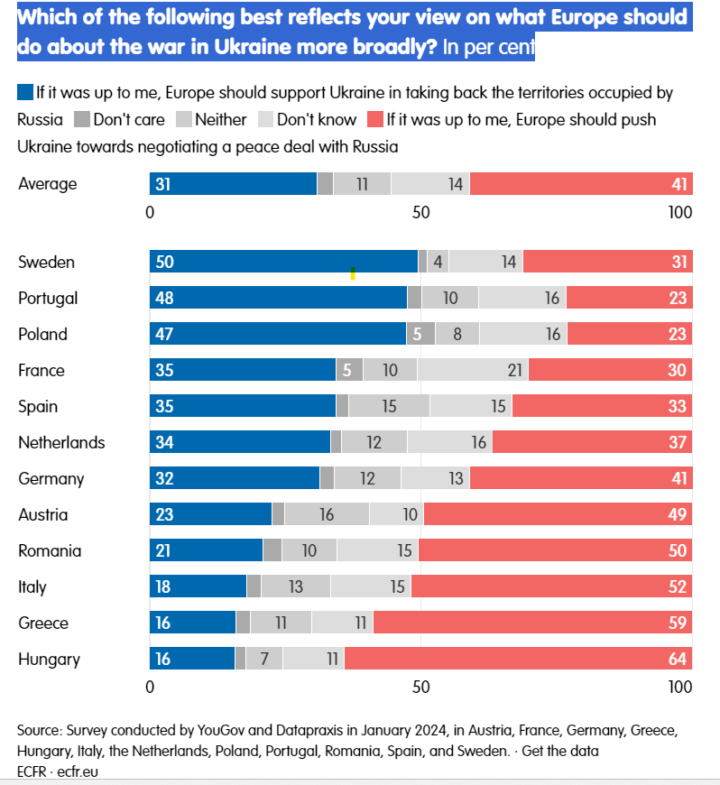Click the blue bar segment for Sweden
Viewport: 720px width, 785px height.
click(283, 263)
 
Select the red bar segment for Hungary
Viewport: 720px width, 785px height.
click(518, 660)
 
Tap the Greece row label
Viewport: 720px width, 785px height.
click(43, 623)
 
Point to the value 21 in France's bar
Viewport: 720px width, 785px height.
click(516, 371)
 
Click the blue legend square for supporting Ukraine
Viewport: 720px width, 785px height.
click(25, 92)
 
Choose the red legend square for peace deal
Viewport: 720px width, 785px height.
click(374, 119)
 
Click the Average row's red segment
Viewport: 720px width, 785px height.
click(580, 184)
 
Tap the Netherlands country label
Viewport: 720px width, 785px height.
click(61, 443)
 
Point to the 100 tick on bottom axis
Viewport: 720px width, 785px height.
click(678, 687)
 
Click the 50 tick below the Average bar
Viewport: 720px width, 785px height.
click(420, 213)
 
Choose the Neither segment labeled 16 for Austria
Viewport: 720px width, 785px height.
click(327, 515)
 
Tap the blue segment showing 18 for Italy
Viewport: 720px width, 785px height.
click(198, 587)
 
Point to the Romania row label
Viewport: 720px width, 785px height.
click(50, 551)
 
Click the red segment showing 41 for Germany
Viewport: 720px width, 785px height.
click(580, 479)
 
